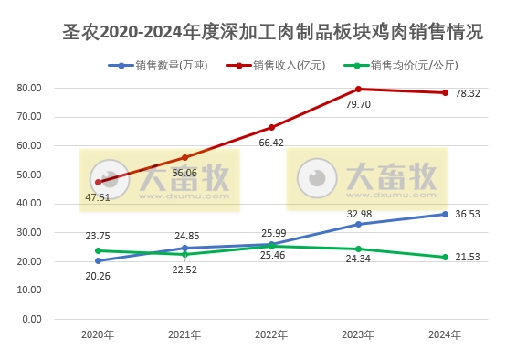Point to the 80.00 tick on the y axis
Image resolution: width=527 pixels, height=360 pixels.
click(x=30, y=88)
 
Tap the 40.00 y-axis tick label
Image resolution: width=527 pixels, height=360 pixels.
click(x=30, y=204)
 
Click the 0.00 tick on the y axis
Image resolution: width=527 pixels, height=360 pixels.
click(x=33, y=320)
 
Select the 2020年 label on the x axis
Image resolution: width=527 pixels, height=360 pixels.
click(x=98, y=335)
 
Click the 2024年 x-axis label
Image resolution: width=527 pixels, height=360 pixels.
click(x=445, y=335)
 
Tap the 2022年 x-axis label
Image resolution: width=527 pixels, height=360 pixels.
click(x=271, y=335)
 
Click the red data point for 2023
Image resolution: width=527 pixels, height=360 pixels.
click(x=358, y=89)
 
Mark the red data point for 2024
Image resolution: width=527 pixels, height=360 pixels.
click(x=445, y=92)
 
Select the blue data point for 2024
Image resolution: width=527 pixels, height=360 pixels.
click(x=445, y=214)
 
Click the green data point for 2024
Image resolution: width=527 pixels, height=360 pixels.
click(x=445, y=257)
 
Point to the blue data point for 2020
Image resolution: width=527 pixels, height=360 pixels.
click(x=98, y=260)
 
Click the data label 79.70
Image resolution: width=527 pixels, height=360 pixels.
click(x=358, y=104)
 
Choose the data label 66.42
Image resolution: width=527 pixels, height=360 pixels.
click(x=271, y=143)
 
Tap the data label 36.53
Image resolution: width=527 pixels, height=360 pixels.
click(x=468, y=214)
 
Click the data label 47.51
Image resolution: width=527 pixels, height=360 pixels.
click(x=98, y=196)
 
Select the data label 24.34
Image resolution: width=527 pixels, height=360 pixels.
click(x=358, y=270)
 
